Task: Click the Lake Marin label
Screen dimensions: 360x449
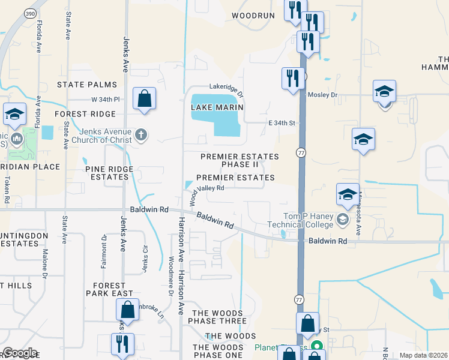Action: point(217,107)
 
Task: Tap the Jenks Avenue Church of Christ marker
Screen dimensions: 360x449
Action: point(140,134)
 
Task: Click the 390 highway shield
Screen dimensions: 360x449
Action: point(29,13)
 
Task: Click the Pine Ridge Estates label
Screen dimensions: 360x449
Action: point(112,173)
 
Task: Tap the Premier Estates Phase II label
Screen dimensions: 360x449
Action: point(240,160)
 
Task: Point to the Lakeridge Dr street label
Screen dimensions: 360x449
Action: point(226,90)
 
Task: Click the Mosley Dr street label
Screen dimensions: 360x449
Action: point(322,95)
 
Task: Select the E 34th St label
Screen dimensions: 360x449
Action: point(283,123)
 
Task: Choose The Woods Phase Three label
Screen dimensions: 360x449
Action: point(219,317)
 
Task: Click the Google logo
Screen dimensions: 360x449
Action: point(20,353)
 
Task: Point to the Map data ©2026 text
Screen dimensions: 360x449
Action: point(423,355)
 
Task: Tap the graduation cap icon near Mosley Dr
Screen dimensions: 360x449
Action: point(384,91)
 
